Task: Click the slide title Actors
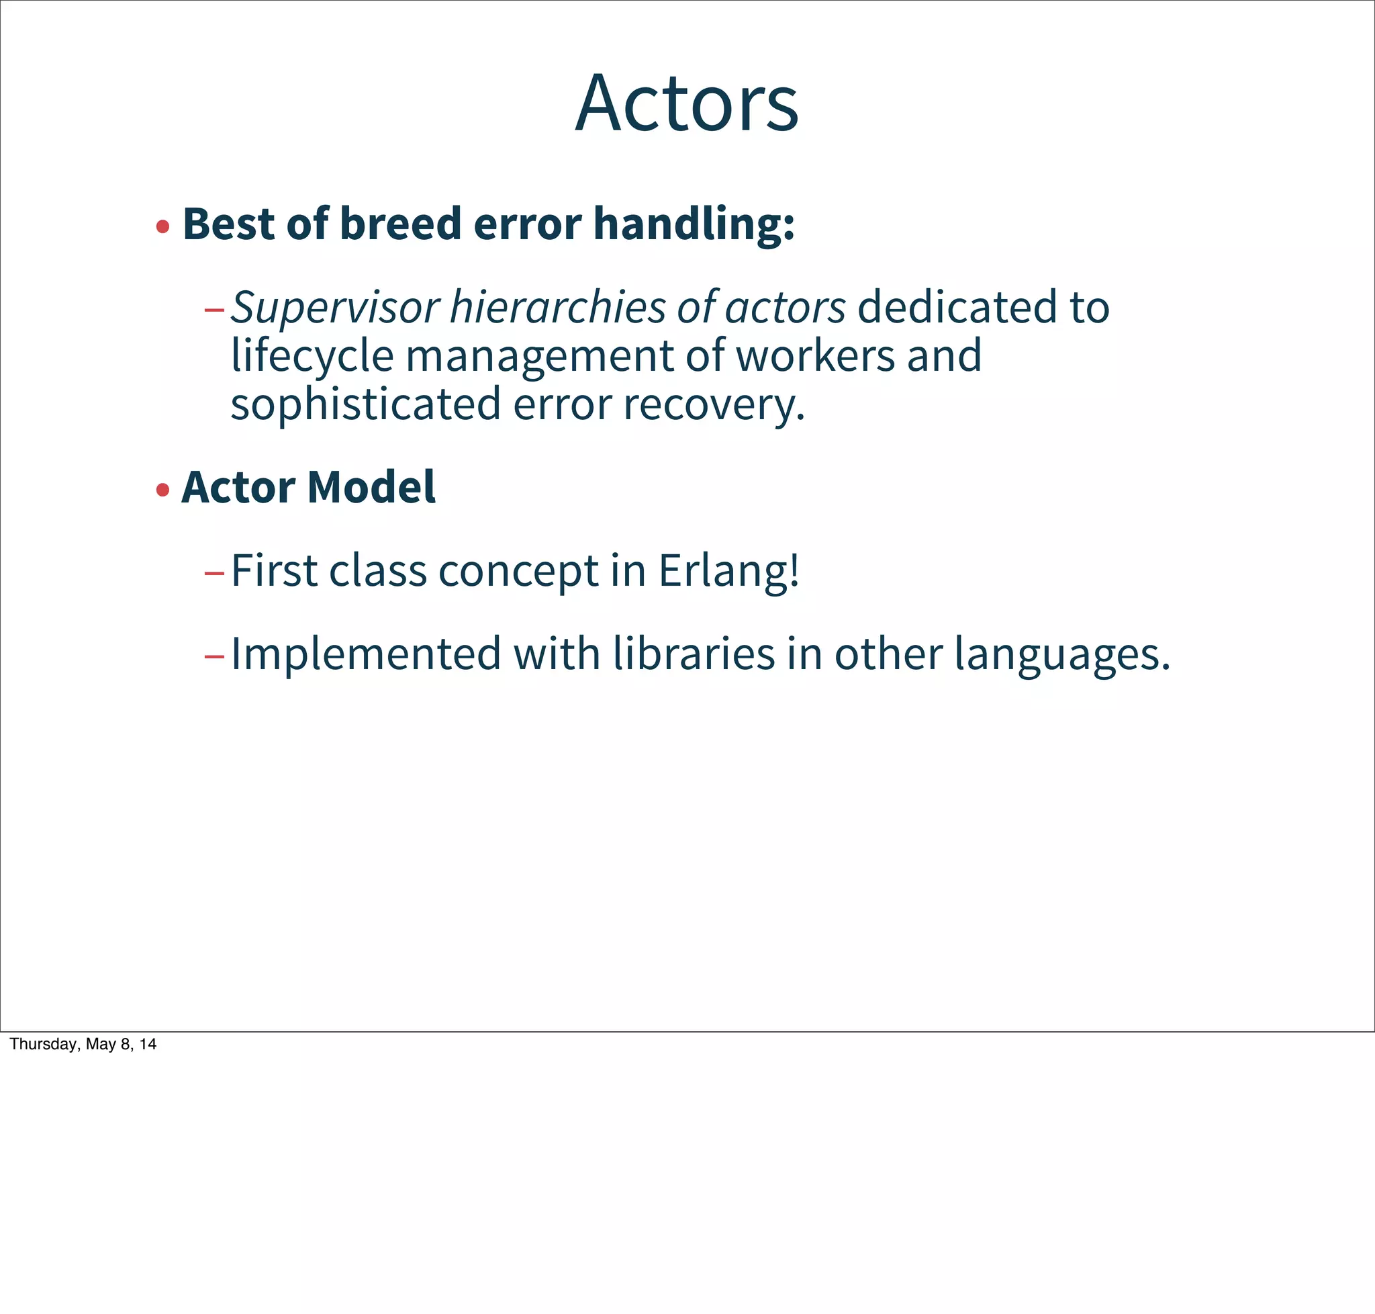[x=686, y=103]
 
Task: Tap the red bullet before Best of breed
[x=163, y=226]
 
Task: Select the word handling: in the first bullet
[x=694, y=224]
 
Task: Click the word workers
[x=815, y=356]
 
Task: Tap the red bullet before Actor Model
[x=163, y=490]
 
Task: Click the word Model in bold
[x=371, y=487]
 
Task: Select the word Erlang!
[x=728, y=572]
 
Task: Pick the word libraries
[x=693, y=654]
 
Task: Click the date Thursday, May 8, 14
[x=83, y=1045]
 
